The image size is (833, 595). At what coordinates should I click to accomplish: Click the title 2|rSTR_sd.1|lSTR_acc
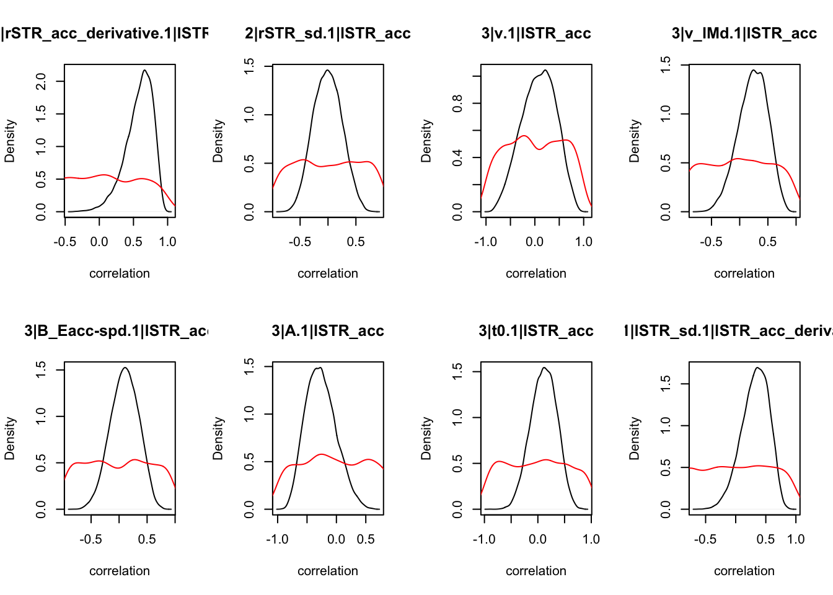[328, 33]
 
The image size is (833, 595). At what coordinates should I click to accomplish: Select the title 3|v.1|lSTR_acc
[536, 33]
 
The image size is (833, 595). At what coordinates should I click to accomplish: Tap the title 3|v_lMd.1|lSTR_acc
[744, 33]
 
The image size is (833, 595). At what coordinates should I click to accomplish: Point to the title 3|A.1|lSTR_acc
[328, 331]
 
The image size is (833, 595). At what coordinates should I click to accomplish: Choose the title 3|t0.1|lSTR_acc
[536, 331]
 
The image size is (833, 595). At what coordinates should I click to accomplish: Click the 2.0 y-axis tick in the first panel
[41, 81]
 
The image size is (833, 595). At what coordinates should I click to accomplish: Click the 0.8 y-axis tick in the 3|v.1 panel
[457, 103]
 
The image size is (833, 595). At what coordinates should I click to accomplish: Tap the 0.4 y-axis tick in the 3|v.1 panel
[457, 157]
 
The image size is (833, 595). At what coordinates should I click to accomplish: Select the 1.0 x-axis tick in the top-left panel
[167, 242]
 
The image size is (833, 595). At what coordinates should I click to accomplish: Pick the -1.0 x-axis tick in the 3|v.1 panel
[485, 242]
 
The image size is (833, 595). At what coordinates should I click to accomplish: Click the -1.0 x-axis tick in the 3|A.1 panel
[277, 539]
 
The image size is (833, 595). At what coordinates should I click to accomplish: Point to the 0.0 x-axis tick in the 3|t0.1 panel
[538, 539]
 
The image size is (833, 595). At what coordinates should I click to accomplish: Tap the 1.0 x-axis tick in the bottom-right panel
[796, 539]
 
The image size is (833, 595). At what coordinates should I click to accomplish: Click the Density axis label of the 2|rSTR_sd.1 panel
[218, 141]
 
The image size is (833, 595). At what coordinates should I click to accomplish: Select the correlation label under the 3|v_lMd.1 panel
[744, 273]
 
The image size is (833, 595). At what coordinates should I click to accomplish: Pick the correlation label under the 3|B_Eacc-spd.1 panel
[120, 571]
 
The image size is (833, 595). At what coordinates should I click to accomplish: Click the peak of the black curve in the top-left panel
[144, 70]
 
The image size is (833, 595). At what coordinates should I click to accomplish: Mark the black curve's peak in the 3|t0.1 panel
[544, 368]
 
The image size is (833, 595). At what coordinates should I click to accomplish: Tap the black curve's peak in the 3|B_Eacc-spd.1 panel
[125, 368]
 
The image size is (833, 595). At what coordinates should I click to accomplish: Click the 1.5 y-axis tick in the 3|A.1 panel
[249, 366]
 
